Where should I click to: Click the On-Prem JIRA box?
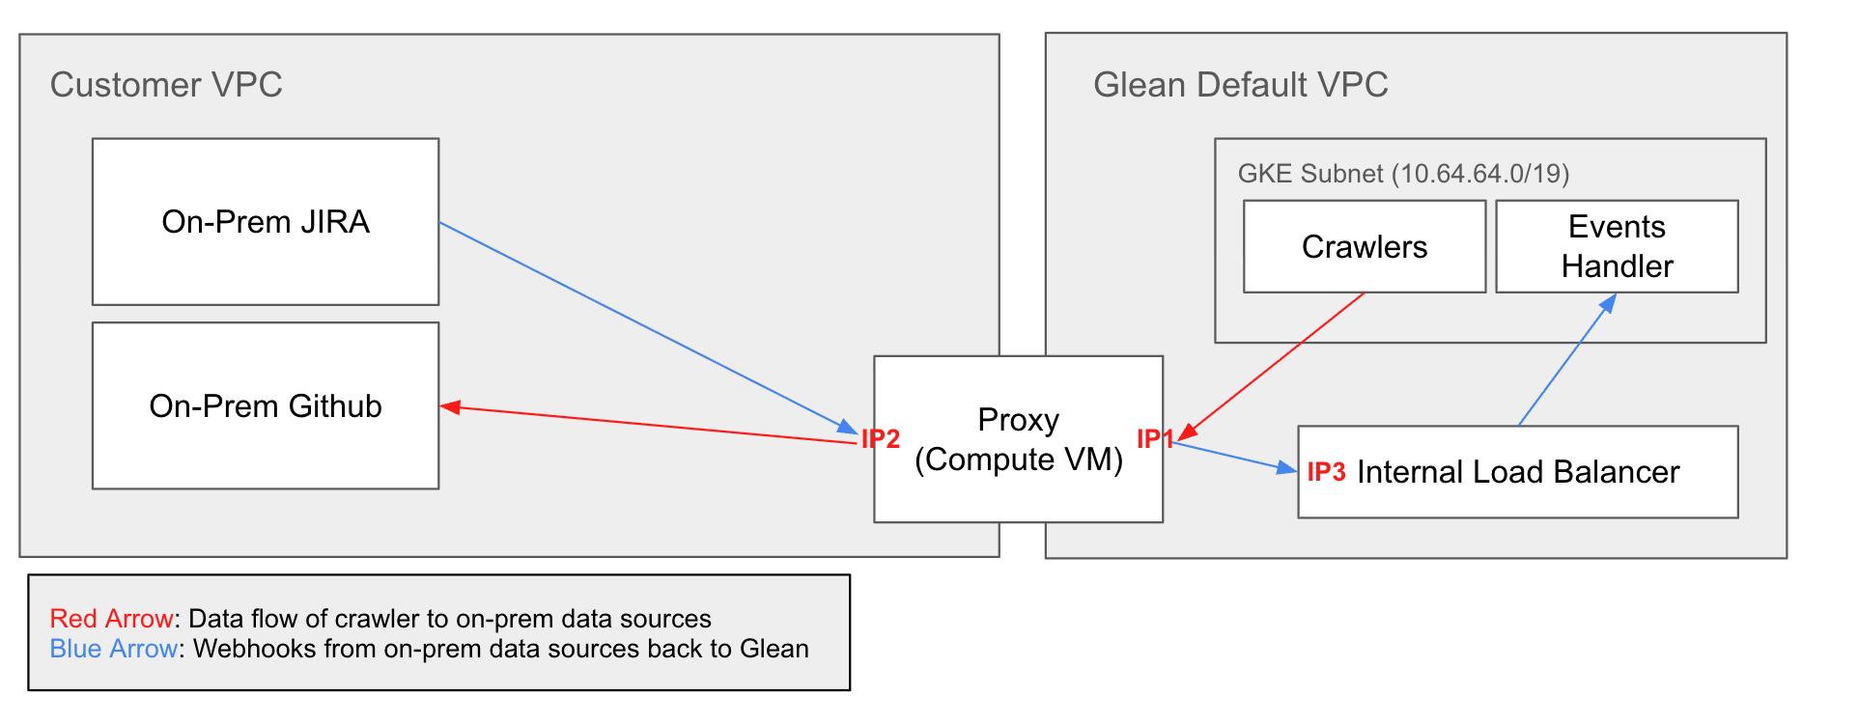[266, 222]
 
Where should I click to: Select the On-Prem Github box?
[266, 405]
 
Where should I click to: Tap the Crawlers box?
[1364, 247]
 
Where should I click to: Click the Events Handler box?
[1617, 247]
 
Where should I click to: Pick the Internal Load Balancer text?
[1518, 472]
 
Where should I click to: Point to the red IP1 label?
[1154, 439]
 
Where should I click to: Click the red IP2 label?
[881, 439]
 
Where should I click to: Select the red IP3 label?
[1326, 472]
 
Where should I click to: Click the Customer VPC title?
[166, 85]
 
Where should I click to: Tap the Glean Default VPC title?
[1240, 85]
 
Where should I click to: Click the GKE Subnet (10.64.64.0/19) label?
[1403, 174]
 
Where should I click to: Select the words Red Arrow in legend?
[112, 619]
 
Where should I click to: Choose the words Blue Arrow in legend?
[114, 649]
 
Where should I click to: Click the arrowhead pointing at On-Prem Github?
[450, 407]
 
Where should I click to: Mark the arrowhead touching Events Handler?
[1609, 302]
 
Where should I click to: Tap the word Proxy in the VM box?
[1018, 420]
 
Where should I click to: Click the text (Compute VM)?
[1018, 459]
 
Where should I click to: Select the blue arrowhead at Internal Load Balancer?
[1287, 468]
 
